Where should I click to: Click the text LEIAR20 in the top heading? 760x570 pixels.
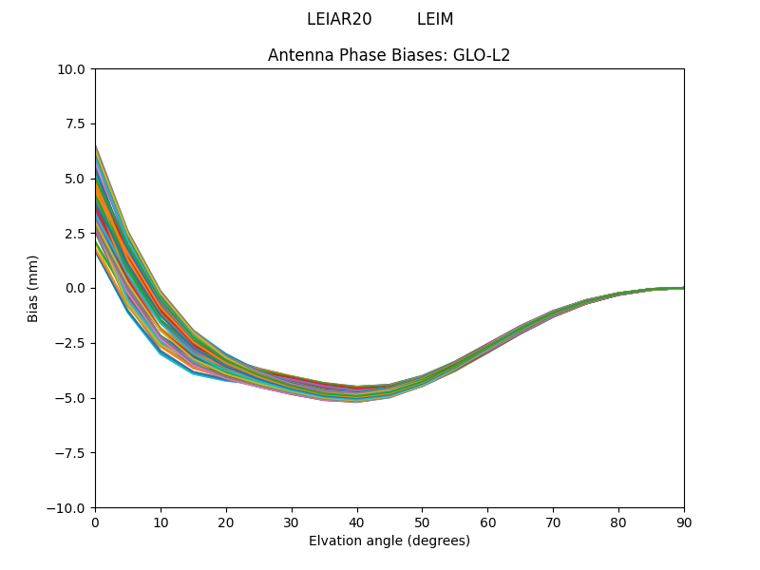tap(339, 19)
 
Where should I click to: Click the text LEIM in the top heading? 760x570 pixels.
tap(435, 19)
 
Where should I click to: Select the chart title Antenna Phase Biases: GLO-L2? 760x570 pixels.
tap(389, 55)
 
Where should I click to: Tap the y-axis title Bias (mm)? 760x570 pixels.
tap(33, 288)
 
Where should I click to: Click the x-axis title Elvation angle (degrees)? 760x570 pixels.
tap(389, 541)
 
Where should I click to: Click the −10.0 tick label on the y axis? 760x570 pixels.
tap(68, 507)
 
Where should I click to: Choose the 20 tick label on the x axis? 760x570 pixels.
tap(226, 522)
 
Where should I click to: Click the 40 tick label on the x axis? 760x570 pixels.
tap(356, 522)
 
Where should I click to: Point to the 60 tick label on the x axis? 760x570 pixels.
tap(487, 522)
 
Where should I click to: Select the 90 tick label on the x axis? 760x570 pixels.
tap(683, 522)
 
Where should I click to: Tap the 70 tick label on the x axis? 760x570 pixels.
tap(553, 522)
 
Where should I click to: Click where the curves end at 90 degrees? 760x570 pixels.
tap(682, 288)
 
